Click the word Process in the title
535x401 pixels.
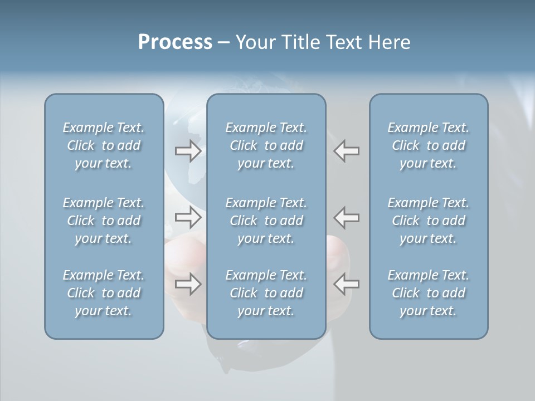pyautogui.click(x=175, y=42)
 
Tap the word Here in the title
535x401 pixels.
pyautogui.click(x=390, y=42)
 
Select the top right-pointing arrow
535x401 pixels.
pyautogui.click(x=188, y=151)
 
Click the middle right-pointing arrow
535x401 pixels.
pyautogui.click(x=188, y=217)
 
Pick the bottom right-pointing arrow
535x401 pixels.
pyautogui.click(x=188, y=284)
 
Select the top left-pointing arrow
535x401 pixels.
pyautogui.click(x=347, y=151)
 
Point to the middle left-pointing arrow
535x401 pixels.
pyautogui.click(x=347, y=217)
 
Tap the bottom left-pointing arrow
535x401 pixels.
pyautogui.click(x=347, y=284)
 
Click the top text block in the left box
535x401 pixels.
pyautogui.click(x=104, y=145)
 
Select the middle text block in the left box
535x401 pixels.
pyautogui.click(x=104, y=221)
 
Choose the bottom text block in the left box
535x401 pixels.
pyautogui.click(x=104, y=293)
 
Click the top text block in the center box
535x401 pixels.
pyautogui.click(x=266, y=145)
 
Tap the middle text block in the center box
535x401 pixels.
pyautogui.click(x=266, y=221)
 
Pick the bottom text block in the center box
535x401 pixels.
pyautogui.click(x=266, y=293)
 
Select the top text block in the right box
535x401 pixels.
pyautogui.click(x=428, y=145)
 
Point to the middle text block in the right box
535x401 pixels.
pyautogui.click(x=428, y=221)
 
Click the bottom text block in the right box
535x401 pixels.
pyautogui.click(x=428, y=293)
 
